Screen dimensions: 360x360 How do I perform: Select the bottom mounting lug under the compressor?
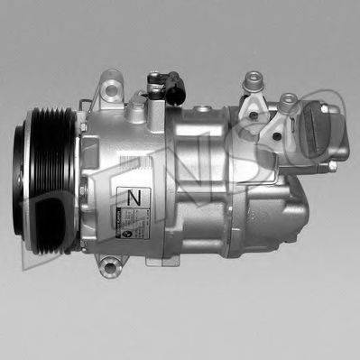click(x=110, y=266)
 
